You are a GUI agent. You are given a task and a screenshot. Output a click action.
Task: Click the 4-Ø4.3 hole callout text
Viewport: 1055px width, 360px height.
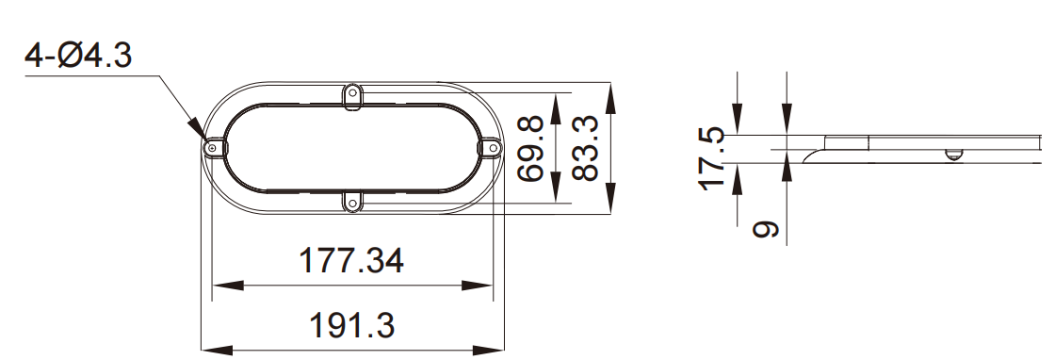click(78, 56)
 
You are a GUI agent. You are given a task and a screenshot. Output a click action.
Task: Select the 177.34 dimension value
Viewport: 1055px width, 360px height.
click(350, 260)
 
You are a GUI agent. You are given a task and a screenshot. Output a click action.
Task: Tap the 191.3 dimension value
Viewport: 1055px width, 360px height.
click(351, 326)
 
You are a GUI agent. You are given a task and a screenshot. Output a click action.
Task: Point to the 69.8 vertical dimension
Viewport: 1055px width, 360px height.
click(530, 148)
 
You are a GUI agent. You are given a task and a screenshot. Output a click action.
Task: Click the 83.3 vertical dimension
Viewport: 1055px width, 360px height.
click(585, 148)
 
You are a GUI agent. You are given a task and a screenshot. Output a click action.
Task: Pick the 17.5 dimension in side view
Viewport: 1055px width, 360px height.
click(712, 159)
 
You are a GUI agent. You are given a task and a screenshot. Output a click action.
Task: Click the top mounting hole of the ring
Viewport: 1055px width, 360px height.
click(352, 92)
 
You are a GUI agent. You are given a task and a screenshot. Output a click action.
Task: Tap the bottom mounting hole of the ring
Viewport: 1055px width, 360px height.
click(352, 203)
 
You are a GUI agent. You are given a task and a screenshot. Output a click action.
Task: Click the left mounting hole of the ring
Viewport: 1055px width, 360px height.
click(213, 147)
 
